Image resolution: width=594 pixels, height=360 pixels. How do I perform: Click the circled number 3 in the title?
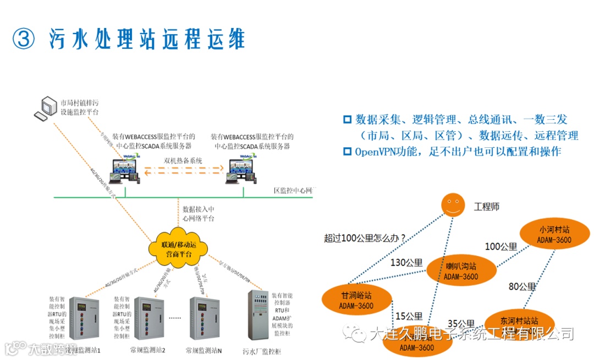tap(24, 38)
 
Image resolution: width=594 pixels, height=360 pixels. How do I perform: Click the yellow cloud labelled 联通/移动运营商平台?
tap(177, 248)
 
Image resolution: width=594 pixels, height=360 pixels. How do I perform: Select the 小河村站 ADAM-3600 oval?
tap(554, 234)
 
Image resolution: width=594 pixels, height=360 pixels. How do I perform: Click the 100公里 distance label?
tap(501, 247)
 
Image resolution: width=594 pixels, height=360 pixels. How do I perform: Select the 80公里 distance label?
tap(521, 286)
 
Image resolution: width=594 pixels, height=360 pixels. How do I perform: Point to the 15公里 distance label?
tap(409, 317)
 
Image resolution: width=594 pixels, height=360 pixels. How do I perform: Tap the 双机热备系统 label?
tap(183, 160)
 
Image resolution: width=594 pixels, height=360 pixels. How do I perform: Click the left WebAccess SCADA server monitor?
tap(125, 171)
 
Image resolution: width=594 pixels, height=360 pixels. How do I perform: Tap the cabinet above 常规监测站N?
tap(204, 318)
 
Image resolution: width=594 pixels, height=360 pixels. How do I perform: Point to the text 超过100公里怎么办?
tap(365, 238)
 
